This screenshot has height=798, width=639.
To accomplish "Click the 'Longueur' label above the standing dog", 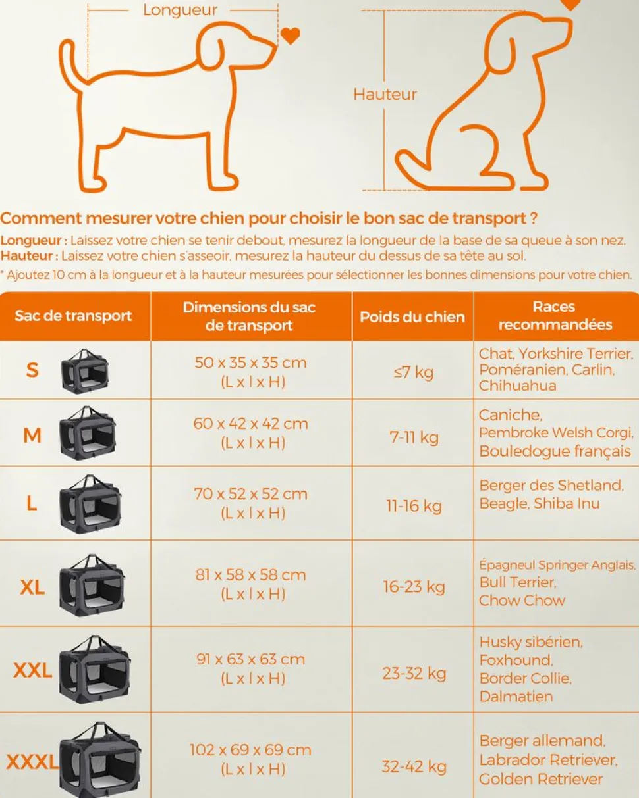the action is (180, 11).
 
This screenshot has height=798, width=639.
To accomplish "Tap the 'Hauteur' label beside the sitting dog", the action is (385, 95).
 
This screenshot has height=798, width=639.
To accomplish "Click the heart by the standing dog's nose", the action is (290, 36).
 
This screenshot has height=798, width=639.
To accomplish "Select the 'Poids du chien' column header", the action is (412, 317).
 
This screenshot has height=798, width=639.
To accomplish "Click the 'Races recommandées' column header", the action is (555, 316).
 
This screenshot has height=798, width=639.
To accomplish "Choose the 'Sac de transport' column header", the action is (73, 316).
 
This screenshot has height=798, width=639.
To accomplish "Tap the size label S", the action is (32, 370).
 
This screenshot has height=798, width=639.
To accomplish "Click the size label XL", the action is (32, 587).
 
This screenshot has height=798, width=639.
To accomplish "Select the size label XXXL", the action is (32, 762).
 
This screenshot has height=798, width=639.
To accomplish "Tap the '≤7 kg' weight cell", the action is (413, 372).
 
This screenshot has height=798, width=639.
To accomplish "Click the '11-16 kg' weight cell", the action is (414, 506).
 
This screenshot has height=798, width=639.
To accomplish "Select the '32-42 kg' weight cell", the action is (414, 766).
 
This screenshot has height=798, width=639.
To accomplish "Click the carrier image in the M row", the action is (87, 433).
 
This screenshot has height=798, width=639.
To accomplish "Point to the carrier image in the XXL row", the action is (95, 669).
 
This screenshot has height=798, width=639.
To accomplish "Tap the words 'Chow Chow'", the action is (522, 601).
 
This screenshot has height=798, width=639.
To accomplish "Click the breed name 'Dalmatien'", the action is (516, 697).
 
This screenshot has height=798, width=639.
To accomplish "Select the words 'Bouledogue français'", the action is (555, 451).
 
